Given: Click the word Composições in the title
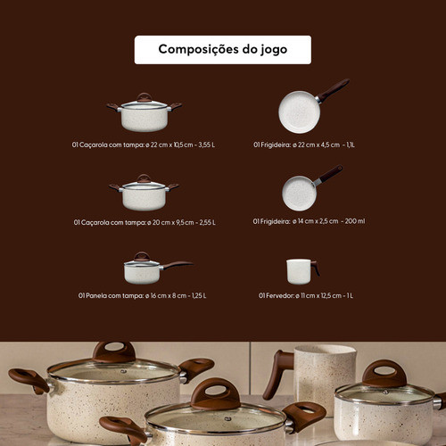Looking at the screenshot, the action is (198, 49).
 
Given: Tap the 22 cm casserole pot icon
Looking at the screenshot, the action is (145, 112).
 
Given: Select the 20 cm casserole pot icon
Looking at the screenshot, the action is (145, 193).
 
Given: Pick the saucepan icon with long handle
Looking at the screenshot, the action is (158, 268).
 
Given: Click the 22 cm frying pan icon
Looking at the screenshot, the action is (313, 106).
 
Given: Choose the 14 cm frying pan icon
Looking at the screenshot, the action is (312, 188).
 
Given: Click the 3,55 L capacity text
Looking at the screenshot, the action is (207, 145).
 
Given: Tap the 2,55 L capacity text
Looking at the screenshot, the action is (207, 222).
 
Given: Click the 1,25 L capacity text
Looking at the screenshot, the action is (199, 295).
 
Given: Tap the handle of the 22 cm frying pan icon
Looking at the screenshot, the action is (334, 89).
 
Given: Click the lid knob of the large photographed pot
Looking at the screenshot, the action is (114, 351).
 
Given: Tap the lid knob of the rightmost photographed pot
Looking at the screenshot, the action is (384, 373).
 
